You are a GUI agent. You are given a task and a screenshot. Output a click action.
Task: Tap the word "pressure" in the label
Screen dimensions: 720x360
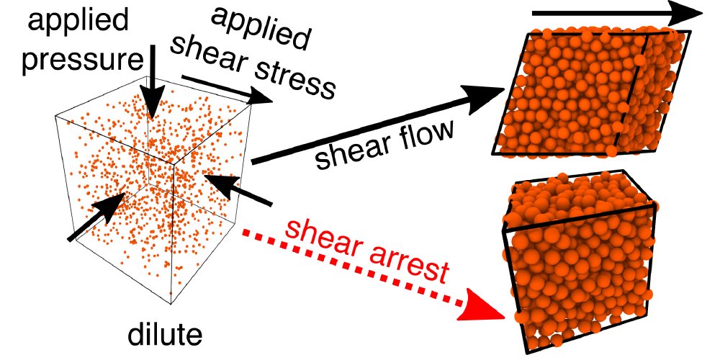point(82,60)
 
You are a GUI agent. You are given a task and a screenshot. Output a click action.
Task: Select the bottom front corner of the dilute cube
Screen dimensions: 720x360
point(171,304)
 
